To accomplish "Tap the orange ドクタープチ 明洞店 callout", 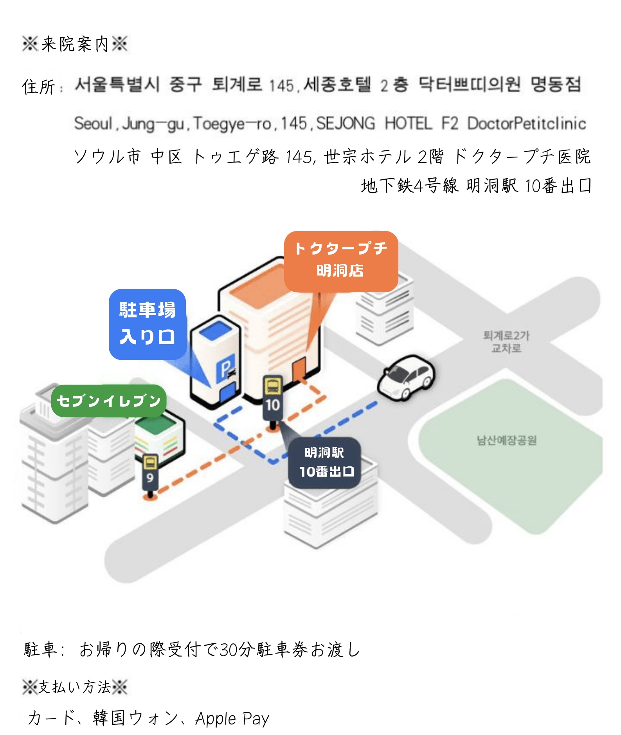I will click(341, 260).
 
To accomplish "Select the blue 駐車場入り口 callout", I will click(147, 324).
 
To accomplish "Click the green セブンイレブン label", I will click(109, 401).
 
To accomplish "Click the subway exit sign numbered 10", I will click(273, 398).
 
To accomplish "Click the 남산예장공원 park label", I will click(506, 441).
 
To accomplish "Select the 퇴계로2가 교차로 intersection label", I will click(506, 341).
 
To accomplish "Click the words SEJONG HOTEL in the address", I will click(374, 124).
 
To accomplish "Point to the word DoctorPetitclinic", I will click(527, 124).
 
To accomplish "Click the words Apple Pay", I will click(232, 718).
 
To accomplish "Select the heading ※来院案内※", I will click(75, 44).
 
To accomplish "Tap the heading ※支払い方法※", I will click(75, 687).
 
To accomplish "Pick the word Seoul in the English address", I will click(94, 124).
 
